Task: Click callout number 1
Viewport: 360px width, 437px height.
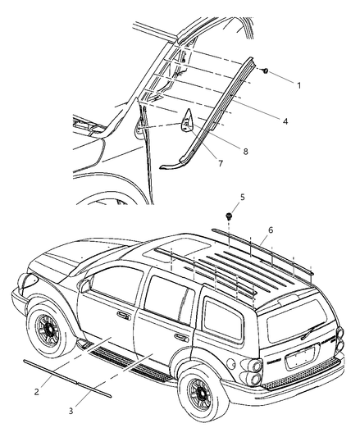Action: (x=299, y=84)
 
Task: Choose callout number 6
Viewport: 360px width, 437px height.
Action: (x=270, y=231)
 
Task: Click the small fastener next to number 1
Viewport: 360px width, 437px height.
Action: (x=268, y=72)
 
